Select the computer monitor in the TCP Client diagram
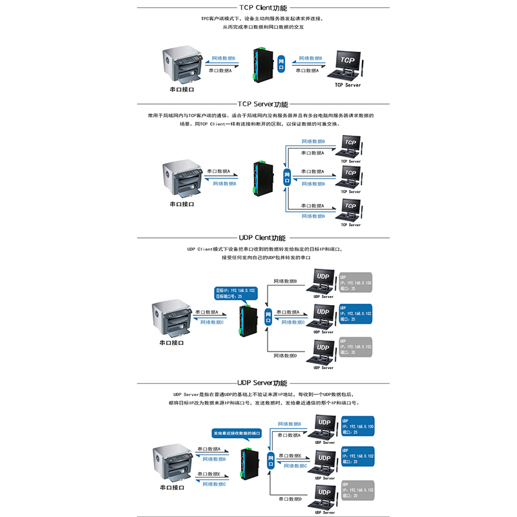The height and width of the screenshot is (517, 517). tap(348, 65)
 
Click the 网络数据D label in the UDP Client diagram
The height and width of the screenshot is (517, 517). tap(285, 355)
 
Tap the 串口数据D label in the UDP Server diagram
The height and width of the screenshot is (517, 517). tap(290, 499)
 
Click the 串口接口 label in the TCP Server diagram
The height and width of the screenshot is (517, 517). tap(182, 204)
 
